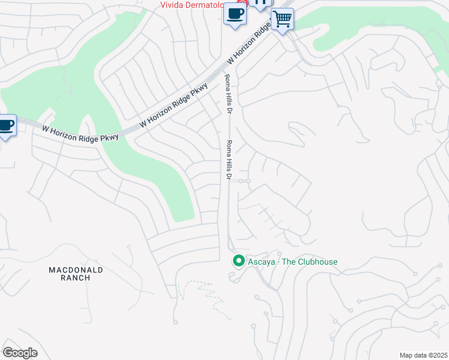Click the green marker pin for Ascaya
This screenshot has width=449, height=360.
[x=238, y=261]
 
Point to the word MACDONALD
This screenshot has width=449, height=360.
[x=76, y=270]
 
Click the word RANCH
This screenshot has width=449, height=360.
[x=76, y=278]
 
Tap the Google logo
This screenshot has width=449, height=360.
[x=20, y=352]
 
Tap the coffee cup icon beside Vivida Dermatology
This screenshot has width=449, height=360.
[x=235, y=14]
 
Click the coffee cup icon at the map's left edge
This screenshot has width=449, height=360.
[x=6, y=126]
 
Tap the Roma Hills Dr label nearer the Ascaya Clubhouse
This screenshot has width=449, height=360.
[x=229, y=160]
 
